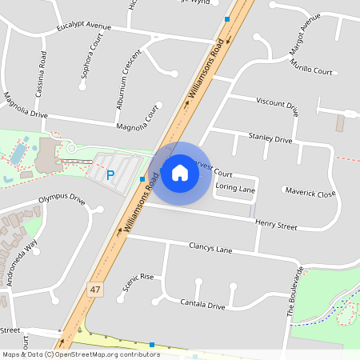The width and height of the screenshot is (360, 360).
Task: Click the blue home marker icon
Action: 180,173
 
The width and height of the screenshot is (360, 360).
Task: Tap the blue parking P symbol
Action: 110,174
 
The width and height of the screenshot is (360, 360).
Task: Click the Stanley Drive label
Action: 270,138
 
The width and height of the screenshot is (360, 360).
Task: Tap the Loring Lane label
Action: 236,190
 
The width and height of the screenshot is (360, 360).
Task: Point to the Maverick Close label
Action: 310,193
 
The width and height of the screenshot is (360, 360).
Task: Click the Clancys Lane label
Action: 210,249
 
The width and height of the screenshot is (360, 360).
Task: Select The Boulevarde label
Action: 294,293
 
